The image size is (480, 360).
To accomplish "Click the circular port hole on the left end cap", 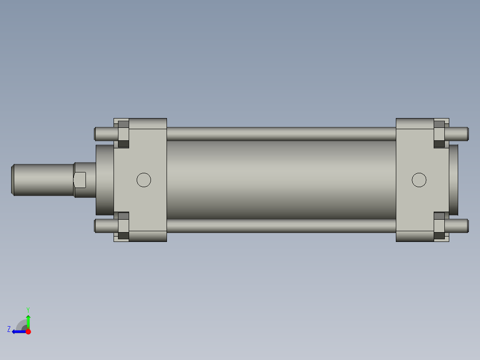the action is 143,180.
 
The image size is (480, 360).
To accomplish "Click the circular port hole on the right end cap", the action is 419,180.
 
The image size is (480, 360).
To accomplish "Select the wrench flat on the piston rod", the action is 80,180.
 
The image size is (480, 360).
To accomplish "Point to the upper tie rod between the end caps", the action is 281,134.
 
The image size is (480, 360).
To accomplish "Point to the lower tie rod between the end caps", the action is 281,226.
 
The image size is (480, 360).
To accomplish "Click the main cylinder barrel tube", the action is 281,180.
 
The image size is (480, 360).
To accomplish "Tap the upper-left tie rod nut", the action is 123,134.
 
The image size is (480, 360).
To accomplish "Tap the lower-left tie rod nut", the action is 123,225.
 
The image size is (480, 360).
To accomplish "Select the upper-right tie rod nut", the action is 439,134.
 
